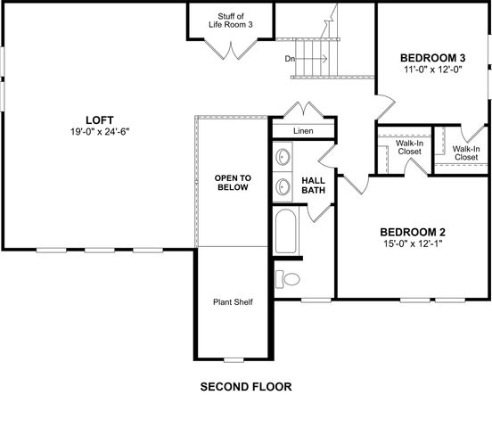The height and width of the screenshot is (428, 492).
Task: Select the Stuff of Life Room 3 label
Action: (231, 21)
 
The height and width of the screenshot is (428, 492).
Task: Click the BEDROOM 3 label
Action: (432, 58)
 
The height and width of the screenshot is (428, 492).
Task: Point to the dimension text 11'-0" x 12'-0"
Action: (432, 70)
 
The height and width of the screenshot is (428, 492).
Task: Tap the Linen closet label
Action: (304, 131)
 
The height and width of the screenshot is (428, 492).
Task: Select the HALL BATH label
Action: (313, 185)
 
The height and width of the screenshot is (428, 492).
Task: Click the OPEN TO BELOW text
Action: (233, 184)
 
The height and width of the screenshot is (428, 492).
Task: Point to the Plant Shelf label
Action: (232, 302)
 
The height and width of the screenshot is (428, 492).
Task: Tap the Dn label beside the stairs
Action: (291, 59)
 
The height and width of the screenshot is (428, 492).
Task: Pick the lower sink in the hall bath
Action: (284, 186)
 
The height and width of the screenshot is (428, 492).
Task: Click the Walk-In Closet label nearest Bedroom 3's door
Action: (465, 152)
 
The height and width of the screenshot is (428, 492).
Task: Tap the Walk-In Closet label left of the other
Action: (409, 147)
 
